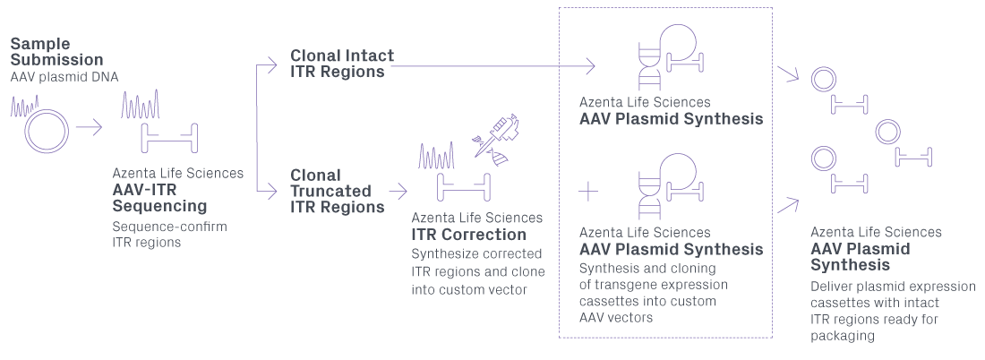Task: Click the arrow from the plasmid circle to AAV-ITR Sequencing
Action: click(90, 127)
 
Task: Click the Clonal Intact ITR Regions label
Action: click(341, 64)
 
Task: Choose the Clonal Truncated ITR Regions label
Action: click(337, 191)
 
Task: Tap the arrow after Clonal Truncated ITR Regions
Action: click(400, 191)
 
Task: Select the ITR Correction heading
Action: click(468, 235)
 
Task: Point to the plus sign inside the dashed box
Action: click(588, 190)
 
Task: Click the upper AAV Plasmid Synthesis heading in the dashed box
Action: click(671, 119)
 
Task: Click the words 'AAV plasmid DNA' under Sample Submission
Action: click(64, 78)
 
